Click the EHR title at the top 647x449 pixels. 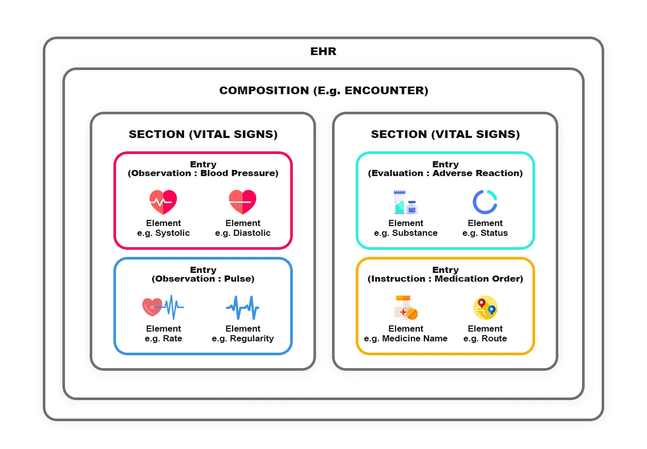[323, 51]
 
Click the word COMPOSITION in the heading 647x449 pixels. [264, 91]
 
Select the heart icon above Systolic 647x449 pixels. [163, 202]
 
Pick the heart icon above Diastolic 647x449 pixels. [242, 202]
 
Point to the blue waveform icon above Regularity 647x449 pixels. [242, 307]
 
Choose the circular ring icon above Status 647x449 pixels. [485, 202]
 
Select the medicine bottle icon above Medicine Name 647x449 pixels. [405, 307]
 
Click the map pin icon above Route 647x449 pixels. [485, 307]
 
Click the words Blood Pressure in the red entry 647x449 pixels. [239, 174]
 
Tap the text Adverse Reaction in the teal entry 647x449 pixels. [477, 174]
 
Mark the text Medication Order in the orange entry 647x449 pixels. [478, 279]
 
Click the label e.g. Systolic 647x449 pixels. [163, 233]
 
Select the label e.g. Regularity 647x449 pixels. [243, 339]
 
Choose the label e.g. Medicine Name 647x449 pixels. [406, 339]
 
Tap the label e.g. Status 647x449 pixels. [485, 233]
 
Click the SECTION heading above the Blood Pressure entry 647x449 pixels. [203, 134]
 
